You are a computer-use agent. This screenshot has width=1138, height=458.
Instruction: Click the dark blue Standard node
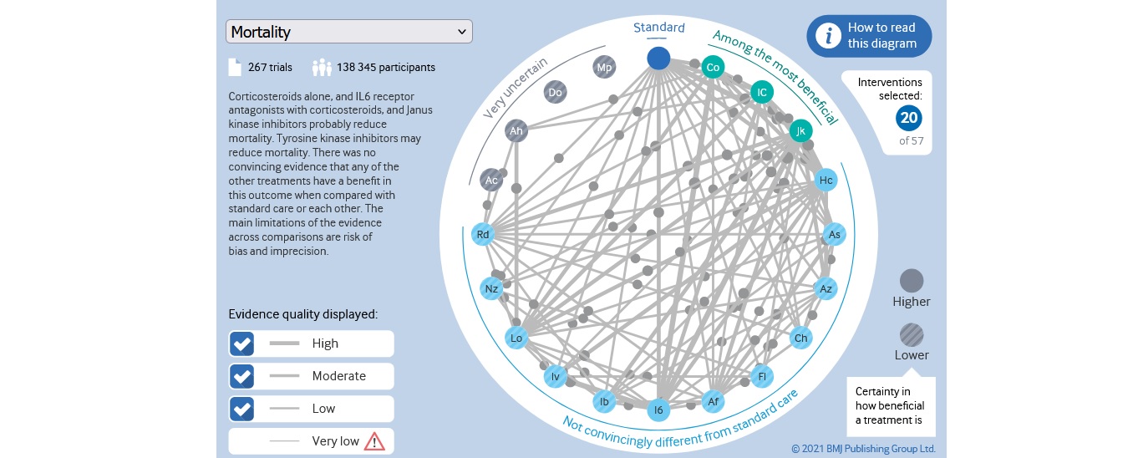(x=658, y=58)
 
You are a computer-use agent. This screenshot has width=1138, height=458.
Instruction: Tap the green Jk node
(x=800, y=131)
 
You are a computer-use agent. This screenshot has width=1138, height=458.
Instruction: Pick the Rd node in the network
(x=483, y=235)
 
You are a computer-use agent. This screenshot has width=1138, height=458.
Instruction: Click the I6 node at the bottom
(x=658, y=410)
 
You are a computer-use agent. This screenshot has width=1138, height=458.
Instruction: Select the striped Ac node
(x=491, y=181)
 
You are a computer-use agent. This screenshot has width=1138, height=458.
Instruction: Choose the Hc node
(x=826, y=181)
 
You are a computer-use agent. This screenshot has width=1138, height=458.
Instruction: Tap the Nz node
(x=491, y=289)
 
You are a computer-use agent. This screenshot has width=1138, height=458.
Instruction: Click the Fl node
(x=761, y=376)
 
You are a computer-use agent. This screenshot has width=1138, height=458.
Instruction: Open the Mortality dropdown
(x=348, y=32)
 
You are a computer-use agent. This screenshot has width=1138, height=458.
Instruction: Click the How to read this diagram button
(x=869, y=36)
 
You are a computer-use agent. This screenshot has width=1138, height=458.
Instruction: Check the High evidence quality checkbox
(x=242, y=343)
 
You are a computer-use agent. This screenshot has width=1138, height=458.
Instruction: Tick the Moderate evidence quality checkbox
(x=242, y=376)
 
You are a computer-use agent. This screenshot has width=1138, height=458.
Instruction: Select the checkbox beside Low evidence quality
(x=242, y=409)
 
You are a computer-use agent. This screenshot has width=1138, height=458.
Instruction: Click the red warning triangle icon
(x=373, y=440)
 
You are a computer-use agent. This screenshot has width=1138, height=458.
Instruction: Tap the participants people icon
(x=322, y=68)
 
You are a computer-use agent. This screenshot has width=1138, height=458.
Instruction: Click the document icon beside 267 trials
(x=235, y=68)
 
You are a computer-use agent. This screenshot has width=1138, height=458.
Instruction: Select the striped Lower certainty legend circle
(x=912, y=335)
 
